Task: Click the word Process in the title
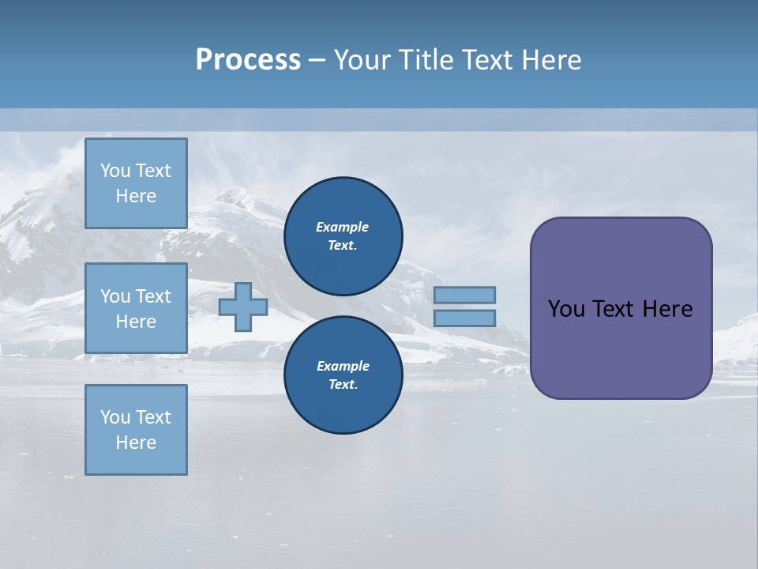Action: [x=248, y=60]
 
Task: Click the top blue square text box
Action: [x=136, y=183]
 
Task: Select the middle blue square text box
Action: [x=136, y=308]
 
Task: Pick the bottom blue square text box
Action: [x=136, y=430]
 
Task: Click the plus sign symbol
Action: [x=242, y=307]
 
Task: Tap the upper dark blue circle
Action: [x=343, y=236]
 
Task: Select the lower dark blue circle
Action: [x=343, y=375]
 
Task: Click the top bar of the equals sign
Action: [x=464, y=295]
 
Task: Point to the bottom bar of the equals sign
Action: [x=464, y=318]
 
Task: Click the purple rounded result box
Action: [x=621, y=308]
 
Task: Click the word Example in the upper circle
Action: [x=343, y=227]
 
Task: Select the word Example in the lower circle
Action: [x=343, y=366]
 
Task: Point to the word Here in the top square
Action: [x=136, y=196]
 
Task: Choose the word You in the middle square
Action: [x=114, y=296]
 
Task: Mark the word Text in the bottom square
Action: [x=152, y=417]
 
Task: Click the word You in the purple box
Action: [x=566, y=309]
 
